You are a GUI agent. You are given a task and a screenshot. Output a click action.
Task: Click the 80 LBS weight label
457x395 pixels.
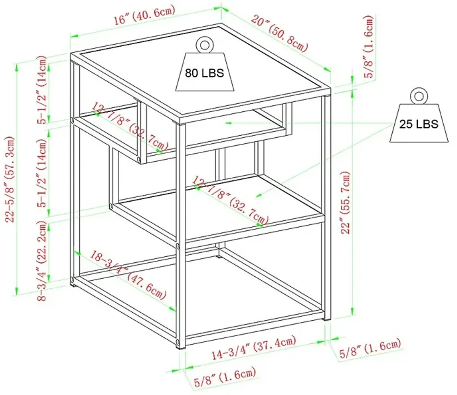(x=204, y=73)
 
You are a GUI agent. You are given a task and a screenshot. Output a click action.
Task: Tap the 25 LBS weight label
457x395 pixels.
(x=419, y=124)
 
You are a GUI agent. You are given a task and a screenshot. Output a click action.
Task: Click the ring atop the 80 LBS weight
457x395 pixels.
(x=204, y=45)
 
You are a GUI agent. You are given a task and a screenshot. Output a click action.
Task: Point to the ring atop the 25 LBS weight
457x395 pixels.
(x=419, y=96)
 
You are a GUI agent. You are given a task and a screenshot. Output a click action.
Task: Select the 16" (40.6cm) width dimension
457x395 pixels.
(x=144, y=15)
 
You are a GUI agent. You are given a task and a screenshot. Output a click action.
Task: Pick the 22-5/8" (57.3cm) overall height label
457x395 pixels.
(x=10, y=179)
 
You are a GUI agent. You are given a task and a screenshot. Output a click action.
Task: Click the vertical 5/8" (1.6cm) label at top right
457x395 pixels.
(x=368, y=46)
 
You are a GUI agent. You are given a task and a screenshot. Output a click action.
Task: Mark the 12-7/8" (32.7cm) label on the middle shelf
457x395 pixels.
(x=230, y=201)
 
